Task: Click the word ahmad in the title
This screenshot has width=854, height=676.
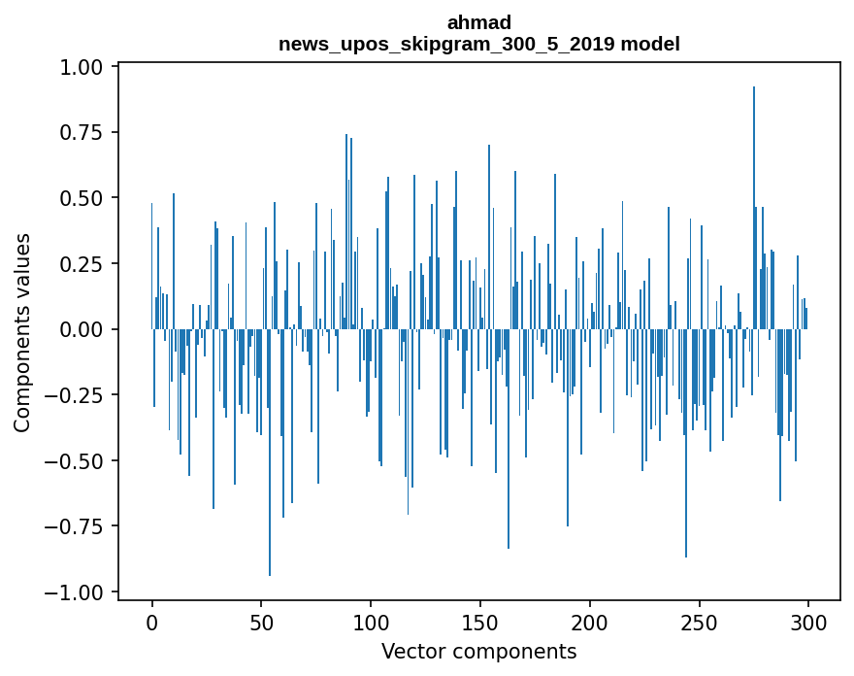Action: click(x=479, y=22)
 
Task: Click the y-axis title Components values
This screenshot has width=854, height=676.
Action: click(x=22, y=332)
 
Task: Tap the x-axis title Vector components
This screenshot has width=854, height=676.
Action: click(x=479, y=652)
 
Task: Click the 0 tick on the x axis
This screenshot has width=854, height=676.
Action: click(x=152, y=624)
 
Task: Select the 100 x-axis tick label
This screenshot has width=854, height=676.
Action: click(x=371, y=624)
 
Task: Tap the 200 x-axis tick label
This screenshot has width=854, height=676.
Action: click(x=589, y=624)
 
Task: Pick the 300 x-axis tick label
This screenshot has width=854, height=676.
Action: click(x=807, y=624)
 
